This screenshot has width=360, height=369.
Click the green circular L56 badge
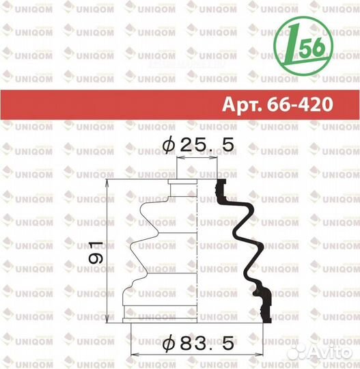point(303,46)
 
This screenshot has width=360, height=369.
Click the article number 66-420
point(300,105)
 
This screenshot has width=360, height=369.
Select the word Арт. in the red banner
point(242,105)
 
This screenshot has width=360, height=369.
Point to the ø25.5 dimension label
point(198,145)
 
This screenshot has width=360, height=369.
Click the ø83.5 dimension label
point(198,343)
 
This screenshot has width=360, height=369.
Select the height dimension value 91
point(96,252)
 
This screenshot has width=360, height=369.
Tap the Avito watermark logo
point(319,352)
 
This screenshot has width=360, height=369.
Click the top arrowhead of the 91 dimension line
point(107,182)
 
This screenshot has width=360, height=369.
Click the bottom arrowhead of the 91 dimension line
point(107,319)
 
